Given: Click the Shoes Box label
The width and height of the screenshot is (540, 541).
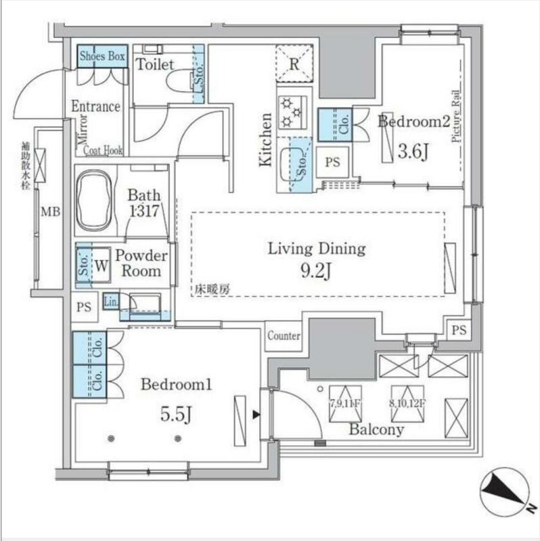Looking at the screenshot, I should tap(102, 57).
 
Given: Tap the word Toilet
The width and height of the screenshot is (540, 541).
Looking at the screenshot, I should tap(156, 65).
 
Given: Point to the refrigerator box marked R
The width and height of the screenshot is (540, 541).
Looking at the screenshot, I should tap(294, 65).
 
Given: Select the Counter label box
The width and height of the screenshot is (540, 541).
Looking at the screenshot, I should tap(284, 336).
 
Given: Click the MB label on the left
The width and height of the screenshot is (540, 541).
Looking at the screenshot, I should tap(51, 212).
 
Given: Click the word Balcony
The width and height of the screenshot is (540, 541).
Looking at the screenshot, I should tap(377, 429).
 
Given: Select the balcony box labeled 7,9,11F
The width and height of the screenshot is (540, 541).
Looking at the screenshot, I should tap(345, 396).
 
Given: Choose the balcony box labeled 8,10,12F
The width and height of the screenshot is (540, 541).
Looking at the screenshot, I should tap(407, 396).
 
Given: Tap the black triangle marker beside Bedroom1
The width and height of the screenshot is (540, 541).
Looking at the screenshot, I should tap(256, 414).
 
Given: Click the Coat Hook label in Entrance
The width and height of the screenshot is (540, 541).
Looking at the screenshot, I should tap(103, 151).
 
